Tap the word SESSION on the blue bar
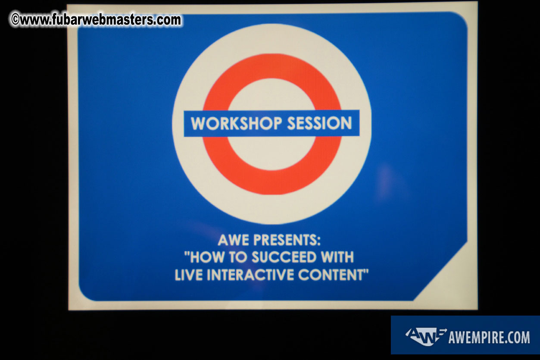coord(320,124)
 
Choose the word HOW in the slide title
coord(205,257)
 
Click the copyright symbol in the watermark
coord(15,20)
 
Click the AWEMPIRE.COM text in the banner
coord(489,337)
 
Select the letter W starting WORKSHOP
coord(198,124)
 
